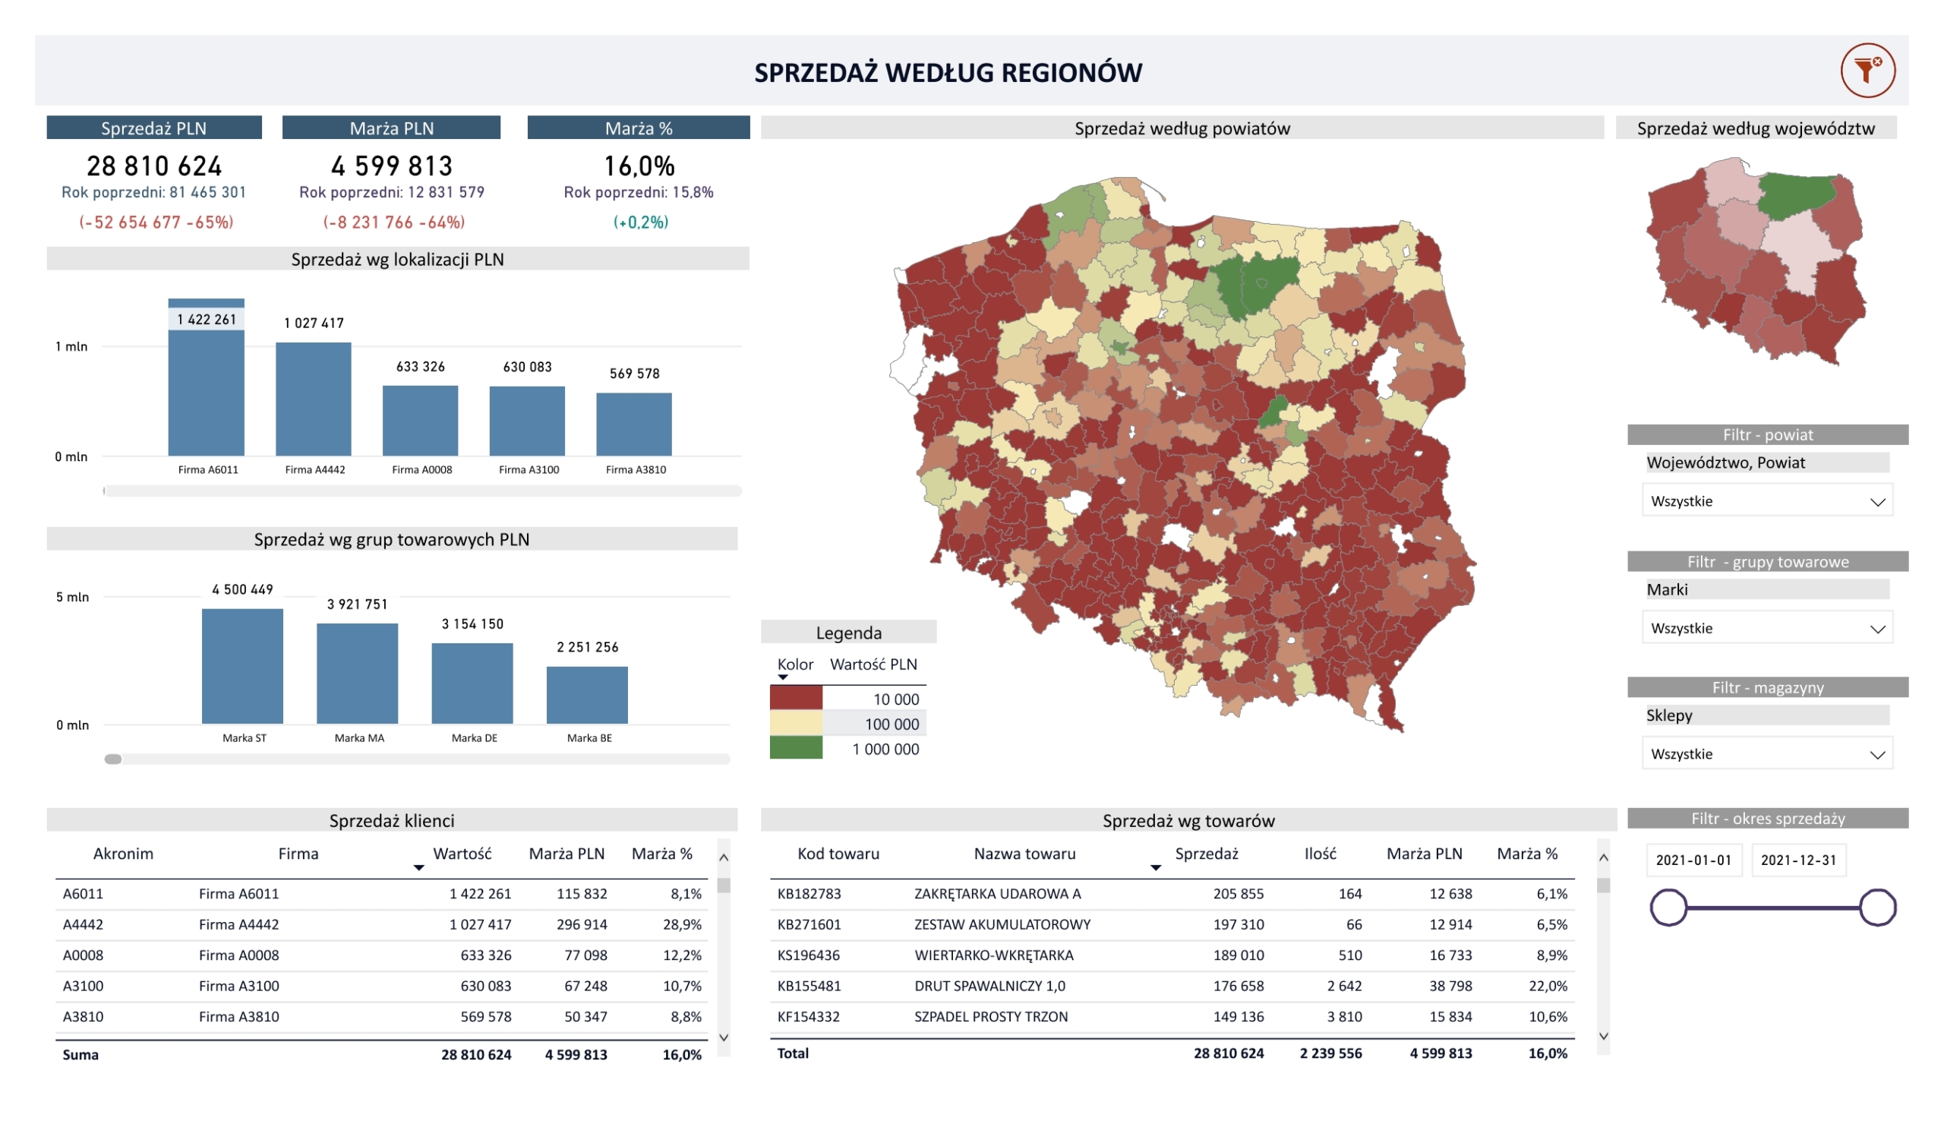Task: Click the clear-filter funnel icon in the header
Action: click(1867, 71)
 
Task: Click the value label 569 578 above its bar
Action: click(634, 374)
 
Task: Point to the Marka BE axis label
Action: click(589, 738)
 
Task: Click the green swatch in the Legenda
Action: click(796, 748)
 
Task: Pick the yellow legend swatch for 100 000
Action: click(796, 724)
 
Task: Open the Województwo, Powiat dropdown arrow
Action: click(1877, 502)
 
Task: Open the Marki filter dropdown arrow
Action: click(1877, 629)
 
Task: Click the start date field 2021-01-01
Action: click(1693, 860)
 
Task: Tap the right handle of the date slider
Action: click(1877, 908)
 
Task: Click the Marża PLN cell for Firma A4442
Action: click(582, 924)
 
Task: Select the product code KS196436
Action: click(809, 955)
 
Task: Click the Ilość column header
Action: click(1320, 854)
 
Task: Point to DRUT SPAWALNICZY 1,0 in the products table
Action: click(989, 986)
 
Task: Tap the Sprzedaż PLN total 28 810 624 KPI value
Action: click(154, 166)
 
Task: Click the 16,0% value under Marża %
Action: click(639, 166)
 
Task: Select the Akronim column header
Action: click(124, 854)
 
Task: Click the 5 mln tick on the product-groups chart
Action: click(72, 597)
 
